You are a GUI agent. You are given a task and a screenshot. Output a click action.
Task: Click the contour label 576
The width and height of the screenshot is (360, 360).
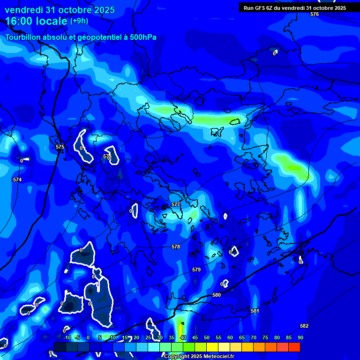[314, 15]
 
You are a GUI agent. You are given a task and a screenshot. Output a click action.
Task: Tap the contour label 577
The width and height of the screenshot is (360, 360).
[176, 205]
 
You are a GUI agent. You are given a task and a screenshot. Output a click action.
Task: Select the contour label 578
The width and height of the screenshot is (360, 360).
[176, 247]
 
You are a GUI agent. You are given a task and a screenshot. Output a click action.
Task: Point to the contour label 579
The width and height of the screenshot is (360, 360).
[196, 270]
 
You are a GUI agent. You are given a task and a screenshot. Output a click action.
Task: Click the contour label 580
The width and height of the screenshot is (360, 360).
[216, 295]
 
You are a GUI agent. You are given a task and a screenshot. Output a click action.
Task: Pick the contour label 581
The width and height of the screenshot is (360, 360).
[255, 311]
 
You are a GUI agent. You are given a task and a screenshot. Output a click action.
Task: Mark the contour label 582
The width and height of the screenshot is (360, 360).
[304, 326]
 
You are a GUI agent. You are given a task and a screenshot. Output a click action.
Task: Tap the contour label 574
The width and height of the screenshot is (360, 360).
[17, 180]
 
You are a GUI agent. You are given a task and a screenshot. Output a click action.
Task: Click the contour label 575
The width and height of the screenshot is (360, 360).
[60, 147]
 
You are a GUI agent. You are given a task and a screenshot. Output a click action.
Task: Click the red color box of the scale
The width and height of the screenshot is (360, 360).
[294, 347]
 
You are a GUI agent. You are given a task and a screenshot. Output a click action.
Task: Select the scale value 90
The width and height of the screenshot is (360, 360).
[300, 337]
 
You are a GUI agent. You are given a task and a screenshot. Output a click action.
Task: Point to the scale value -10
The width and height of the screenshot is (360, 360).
[67, 337]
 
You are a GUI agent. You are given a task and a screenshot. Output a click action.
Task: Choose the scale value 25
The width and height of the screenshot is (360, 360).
[148, 337]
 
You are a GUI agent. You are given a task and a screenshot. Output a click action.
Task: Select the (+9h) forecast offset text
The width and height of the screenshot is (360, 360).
[79, 21]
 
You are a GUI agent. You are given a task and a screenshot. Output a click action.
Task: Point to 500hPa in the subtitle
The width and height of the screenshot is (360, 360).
[141, 37]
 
